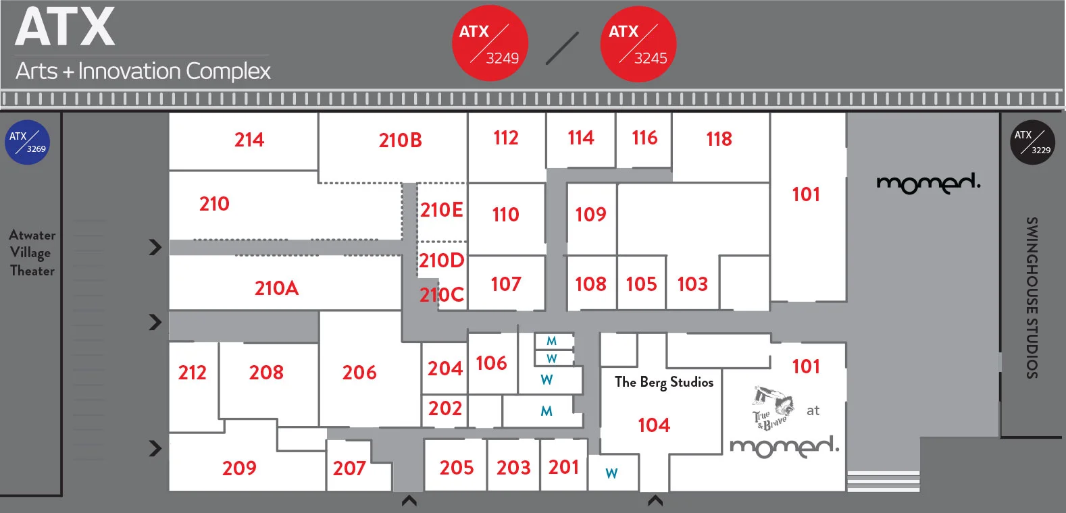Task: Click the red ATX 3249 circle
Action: [489, 44]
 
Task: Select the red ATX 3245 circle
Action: [638, 44]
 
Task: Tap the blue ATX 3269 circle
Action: [27, 142]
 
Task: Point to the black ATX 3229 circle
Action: [1032, 142]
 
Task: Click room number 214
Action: [249, 140]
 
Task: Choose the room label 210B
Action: [400, 140]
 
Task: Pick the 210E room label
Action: [442, 210]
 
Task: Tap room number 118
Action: [719, 139]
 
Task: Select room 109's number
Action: [590, 215]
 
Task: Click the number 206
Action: [359, 373]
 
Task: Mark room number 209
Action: [239, 468]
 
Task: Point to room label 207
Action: [349, 468]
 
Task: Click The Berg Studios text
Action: [664, 382]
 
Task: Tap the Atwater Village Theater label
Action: [32, 253]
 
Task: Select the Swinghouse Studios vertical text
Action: [1032, 297]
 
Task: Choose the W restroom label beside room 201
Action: [611, 473]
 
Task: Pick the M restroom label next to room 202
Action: [547, 411]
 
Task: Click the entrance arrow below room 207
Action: [409, 500]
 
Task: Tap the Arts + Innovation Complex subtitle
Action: [143, 71]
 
